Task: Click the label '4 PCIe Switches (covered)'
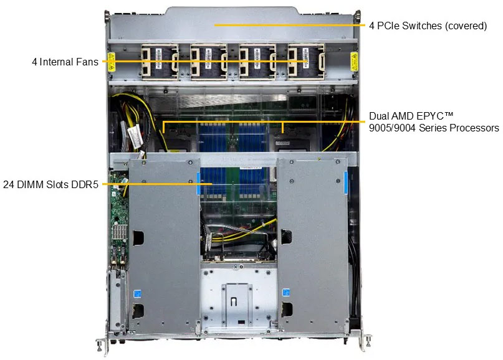428,26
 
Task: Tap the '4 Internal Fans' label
65,62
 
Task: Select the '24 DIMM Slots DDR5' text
50,184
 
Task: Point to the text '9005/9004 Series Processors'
434,128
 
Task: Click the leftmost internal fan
160,62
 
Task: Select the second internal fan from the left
209,62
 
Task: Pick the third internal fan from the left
257,62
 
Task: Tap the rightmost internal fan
307,62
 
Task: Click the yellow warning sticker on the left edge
111,62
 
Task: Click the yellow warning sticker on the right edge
354,62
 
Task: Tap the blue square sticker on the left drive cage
137,293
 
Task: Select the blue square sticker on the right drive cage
286,293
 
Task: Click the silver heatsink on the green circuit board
119,232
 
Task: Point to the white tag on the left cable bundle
135,136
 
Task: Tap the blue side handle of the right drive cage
346,183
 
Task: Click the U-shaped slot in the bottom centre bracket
234,301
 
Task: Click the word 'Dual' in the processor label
379,116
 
